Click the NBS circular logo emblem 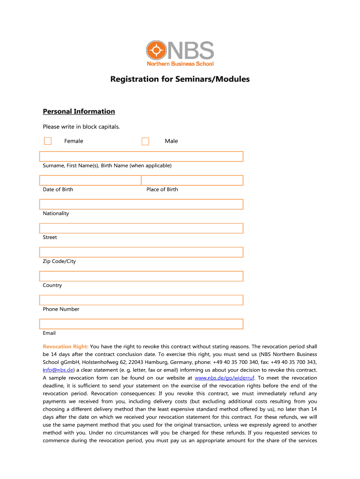[156, 50]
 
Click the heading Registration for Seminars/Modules [180, 79]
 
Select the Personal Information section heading [79, 111]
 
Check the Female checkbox [48, 141]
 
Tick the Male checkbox [145, 141]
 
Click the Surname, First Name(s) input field [141, 156]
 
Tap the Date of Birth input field [90, 180]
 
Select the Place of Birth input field [192, 180]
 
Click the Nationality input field [141, 204]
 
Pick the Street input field [141, 228]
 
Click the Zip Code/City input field [141, 252]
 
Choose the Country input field [141, 276]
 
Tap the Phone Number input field [141, 300]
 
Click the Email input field [141, 324]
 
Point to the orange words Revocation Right [65, 347]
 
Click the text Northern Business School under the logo [180, 64]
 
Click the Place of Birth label [162, 189]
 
